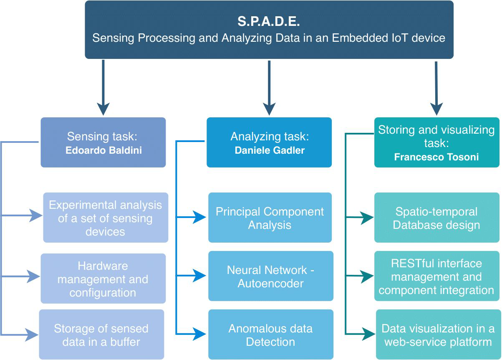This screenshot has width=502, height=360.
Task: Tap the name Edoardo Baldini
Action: [103, 150]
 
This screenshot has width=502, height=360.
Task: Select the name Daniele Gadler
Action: [270, 150]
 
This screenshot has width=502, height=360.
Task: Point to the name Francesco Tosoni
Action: [436, 157]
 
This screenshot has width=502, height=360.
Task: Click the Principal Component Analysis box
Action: [270, 218]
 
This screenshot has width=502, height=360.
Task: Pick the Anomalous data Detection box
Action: [270, 335]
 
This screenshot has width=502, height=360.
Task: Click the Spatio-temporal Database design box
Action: [436, 218]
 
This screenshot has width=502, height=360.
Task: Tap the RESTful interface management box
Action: [436, 276]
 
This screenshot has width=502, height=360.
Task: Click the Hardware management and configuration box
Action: [103, 279]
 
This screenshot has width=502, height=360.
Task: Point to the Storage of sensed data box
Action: [101, 335]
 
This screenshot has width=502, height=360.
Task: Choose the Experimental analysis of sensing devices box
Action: [105, 218]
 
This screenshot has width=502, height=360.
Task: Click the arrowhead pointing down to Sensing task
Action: [103, 109]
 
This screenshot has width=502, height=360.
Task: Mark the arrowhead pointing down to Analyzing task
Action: [269, 109]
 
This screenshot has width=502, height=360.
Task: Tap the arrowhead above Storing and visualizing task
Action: [436, 109]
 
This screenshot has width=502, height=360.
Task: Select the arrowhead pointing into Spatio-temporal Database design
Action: [367, 218]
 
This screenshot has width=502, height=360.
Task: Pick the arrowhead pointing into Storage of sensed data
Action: [33, 335]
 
